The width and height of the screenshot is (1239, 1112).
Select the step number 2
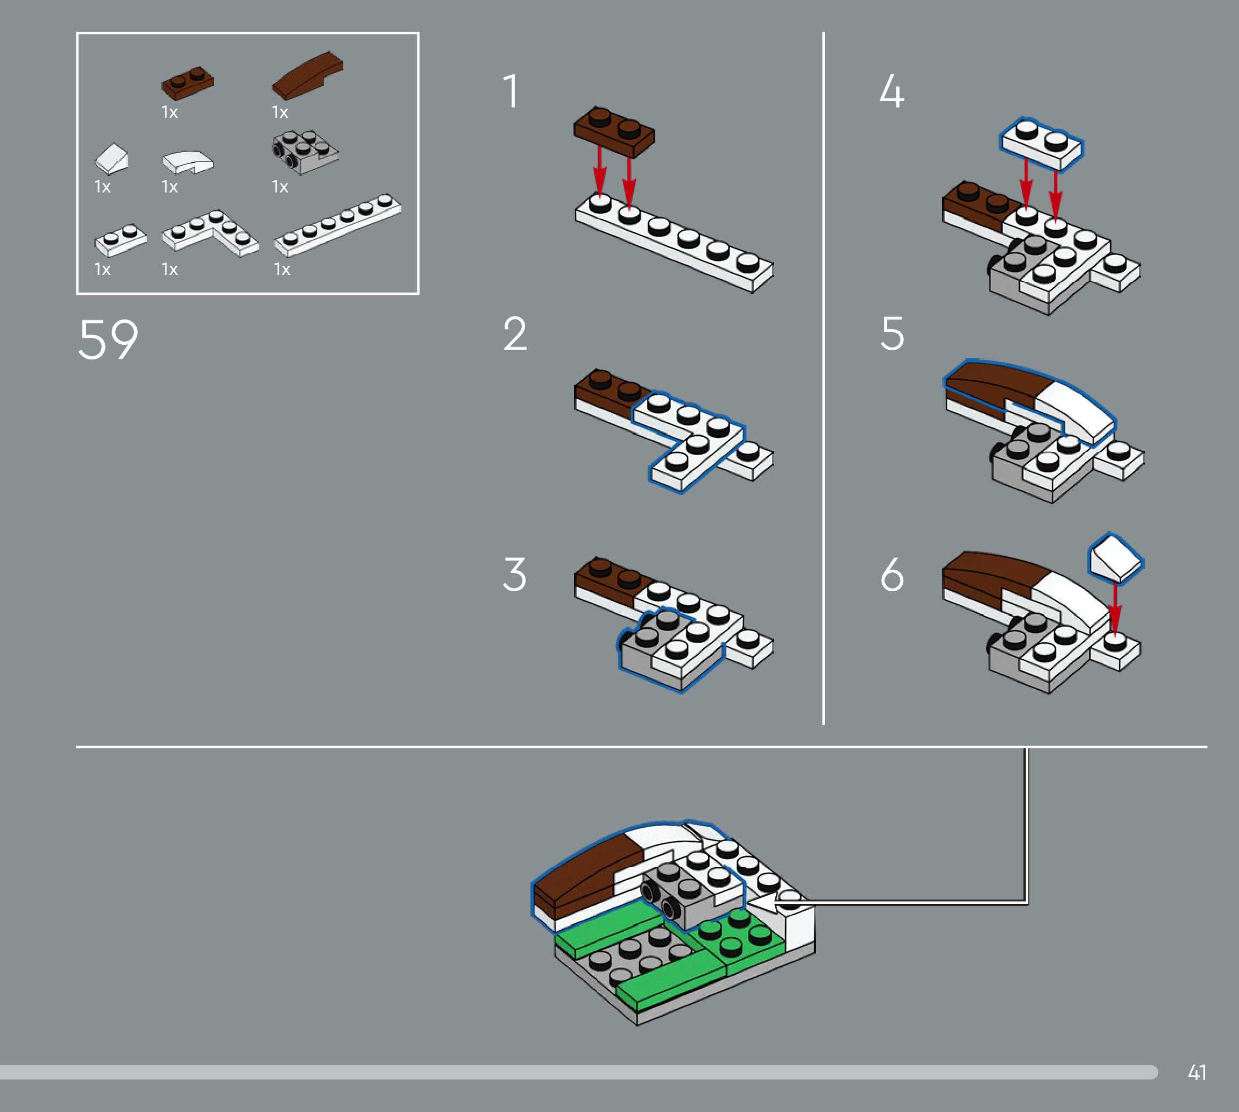(515, 334)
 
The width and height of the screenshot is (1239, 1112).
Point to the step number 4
(892, 91)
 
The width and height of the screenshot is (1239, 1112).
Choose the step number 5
(892, 334)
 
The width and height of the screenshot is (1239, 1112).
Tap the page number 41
(1197, 1072)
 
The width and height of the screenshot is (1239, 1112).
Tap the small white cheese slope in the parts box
(112, 159)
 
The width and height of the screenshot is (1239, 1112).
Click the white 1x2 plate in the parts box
(121, 239)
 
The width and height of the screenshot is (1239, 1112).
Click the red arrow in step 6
(1115, 608)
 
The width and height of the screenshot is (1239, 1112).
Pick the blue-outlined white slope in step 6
(1115, 557)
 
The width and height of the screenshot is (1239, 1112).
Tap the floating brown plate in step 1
(613, 132)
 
